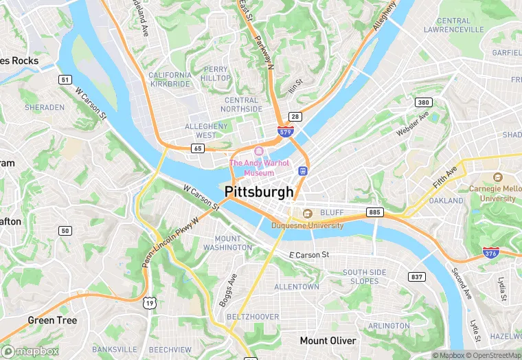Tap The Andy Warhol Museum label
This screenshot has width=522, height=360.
pyautogui.click(x=255, y=168)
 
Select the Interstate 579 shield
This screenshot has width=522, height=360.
pyautogui.click(x=285, y=130)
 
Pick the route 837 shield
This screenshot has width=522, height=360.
pyautogui.click(x=416, y=276)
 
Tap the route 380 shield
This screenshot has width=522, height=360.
pyautogui.click(x=423, y=102)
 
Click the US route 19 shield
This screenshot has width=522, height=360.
pyautogui.click(x=149, y=302)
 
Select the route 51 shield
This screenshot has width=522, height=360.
pyautogui.click(x=65, y=80)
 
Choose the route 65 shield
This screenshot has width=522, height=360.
pyautogui.click(x=198, y=148)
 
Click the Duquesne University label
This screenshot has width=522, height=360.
pyautogui.click(x=307, y=225)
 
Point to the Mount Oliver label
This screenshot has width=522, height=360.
pyautogui.click(x=328, y=341)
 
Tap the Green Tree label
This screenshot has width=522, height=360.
pyautogui.click(x=52, y=320)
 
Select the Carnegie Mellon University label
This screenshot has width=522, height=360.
pyautogui.click(x=491, y=193)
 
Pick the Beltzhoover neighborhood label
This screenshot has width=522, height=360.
pyautogui.click(x=253, y=317)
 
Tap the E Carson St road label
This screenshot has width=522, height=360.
pyautogui.click(x=309, y=255)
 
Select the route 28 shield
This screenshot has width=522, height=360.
pyautogui.click(x=295, y=117)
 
